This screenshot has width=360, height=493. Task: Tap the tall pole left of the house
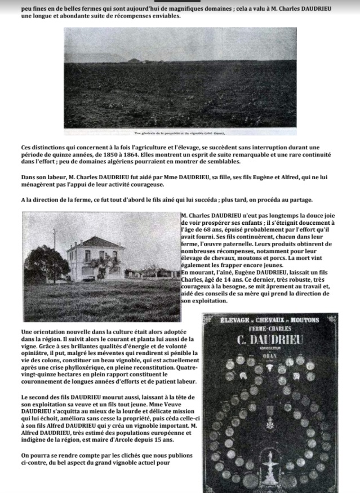pyautogui.click(x=55, y=248)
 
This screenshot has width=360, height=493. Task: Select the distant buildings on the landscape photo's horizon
pyautogui.click(x=135, y=60)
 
